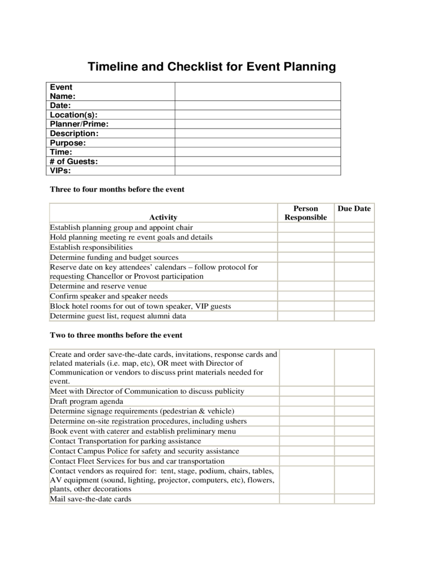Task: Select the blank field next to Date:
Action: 258,105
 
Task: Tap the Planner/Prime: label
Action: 79,124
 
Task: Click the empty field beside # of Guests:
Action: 258,162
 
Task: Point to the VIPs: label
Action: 61,170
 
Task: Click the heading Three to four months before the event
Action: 117,189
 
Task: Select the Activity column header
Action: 163,217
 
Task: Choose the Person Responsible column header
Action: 305,213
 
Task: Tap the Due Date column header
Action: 354,209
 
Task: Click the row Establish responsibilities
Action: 91,247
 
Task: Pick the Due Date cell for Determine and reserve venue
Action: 354,286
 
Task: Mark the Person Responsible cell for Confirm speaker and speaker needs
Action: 305,296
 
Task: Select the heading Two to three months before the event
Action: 116,335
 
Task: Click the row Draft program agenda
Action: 87,401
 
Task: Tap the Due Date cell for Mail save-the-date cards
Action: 354,499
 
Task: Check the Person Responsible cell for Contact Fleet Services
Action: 306,461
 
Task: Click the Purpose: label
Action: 68,143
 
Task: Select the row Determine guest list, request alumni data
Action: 118,316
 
